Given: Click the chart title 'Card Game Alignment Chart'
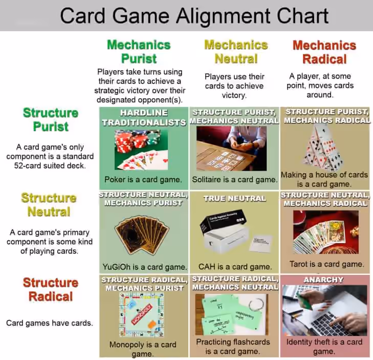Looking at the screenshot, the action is click(x=194, y=16).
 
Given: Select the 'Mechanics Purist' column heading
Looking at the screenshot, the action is click(x=139, y=52).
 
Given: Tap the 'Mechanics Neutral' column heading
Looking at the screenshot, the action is click(x=236, y=52).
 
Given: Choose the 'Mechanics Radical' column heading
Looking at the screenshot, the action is click(x=324, y=52).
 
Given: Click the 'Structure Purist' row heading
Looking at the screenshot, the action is click(x=51, y=119).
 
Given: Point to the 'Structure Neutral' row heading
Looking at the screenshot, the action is click(x=49, y=204).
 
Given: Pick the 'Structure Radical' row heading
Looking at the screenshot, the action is click(x=51, y=289).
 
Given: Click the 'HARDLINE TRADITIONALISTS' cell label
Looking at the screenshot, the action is click(x=144, y=117).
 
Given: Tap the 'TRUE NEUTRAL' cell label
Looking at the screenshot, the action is click(x=234, y=198).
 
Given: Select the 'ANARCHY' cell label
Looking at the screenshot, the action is click(x=323, y=280).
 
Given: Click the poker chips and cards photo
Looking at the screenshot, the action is click(x=141, y=150).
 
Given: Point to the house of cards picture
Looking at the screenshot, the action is click(x=324, y=147).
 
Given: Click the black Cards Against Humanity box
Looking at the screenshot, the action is click(x=223, y=220).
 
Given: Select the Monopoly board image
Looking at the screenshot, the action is click(x=142, y=314).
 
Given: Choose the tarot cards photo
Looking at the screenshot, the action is click(x=325, y=232).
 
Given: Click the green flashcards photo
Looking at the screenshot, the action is click(x=232, y=314).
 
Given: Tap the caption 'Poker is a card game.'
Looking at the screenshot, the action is click(x=143, y=180).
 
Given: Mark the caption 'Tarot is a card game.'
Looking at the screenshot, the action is click(x=327, y=264).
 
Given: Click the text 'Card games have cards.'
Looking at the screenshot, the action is click(x=50, y=323).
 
